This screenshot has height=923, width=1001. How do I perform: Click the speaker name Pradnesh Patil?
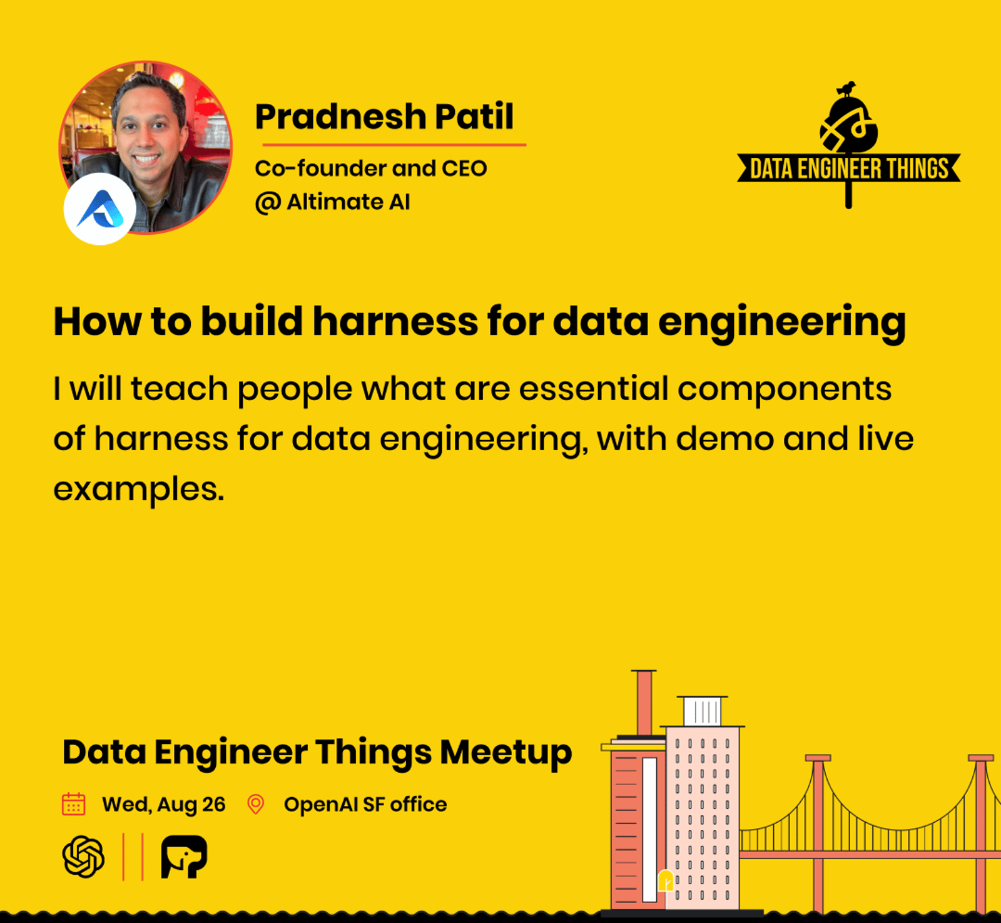pyautogui.click(x=384, y=116)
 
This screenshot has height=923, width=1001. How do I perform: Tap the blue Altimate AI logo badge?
pyautogui.click(x=100, y=209)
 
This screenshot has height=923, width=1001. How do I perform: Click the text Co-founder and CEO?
pyautogui.click(x=370, y=168)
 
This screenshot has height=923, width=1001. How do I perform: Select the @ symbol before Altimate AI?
pyautogui.click(x=268, y=203)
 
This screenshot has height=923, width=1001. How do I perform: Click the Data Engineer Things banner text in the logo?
pyautogui.click(x=849, y=168)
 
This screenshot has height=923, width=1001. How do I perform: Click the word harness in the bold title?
pyautogui.click(x=395, y=321)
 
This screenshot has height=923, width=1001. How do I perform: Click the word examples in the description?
pyautogui.click(x=138, y=490)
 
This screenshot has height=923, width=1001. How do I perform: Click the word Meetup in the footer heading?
pyautogui.click(x=506, y=753)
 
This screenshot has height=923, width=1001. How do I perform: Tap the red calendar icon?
pyautogui.click(x=73, y=804)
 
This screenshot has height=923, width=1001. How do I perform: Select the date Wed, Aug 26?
pyautogui.click(x=163, y=805)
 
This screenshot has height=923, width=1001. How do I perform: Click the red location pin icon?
pyautogui.click(x=255, y=804)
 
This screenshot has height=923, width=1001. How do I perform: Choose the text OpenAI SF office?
pyautogui.click(x=365, y=804)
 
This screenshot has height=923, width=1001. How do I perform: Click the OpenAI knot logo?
pyautogui.click(x=83, y=857)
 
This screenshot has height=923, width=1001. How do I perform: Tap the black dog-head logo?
pyautogui.click(x=184, y=857)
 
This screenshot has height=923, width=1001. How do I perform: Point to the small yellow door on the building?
pyautogui.click(x=666, y=880)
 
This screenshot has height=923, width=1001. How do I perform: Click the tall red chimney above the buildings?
pyautogui.click(x=644, y=702)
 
